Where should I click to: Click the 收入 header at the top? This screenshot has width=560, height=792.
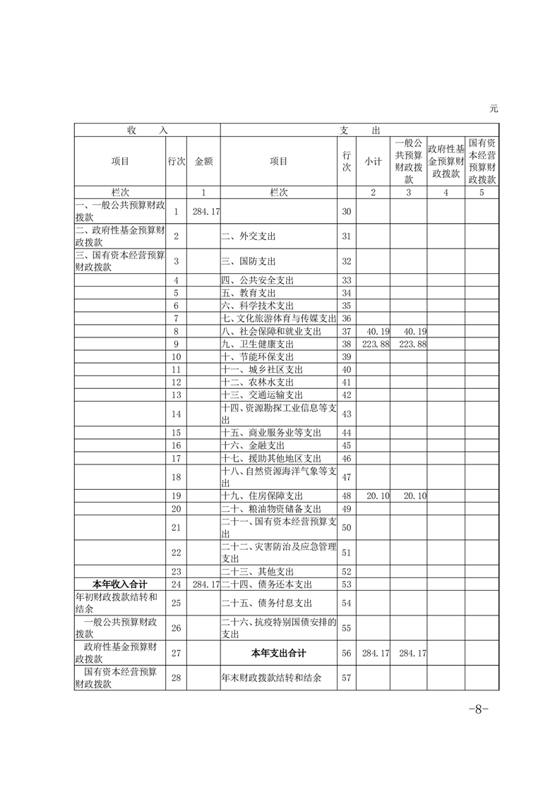148,131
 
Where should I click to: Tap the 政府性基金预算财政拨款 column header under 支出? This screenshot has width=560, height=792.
446,161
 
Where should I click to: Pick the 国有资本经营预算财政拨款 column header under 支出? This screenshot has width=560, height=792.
482,161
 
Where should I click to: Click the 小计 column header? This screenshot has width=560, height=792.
373,161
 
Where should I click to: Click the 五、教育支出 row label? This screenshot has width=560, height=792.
248,293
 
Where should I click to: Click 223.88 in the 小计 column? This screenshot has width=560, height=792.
374,344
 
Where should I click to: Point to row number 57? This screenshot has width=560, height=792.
346,678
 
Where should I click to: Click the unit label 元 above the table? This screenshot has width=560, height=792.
494,109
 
